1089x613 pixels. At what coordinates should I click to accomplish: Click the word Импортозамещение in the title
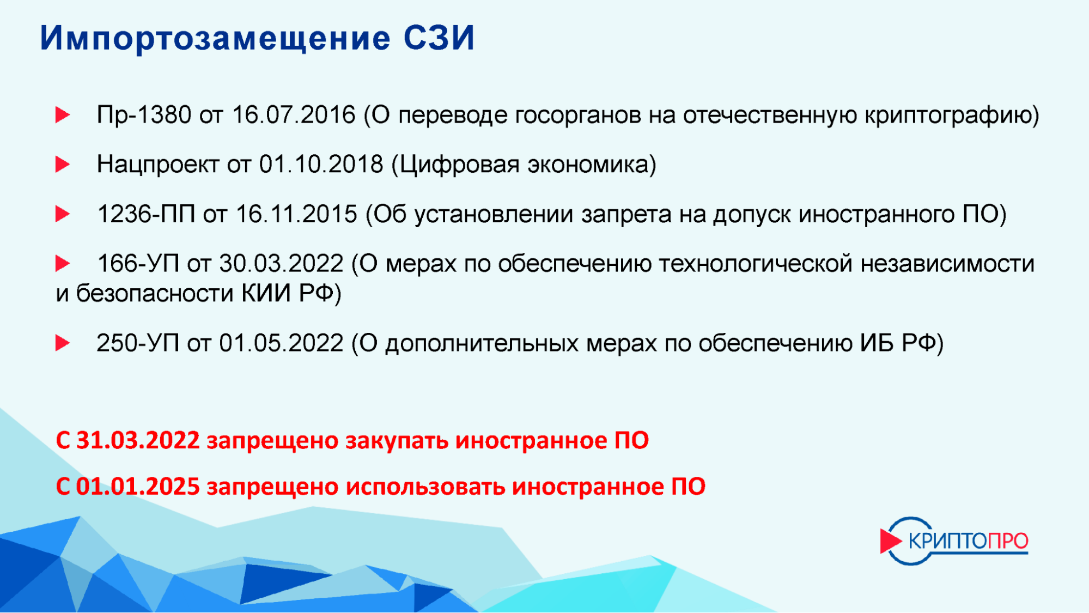coord(215,39)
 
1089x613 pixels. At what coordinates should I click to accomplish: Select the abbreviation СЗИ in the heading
coord(439,38)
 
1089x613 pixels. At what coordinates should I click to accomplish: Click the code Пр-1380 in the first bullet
coord(144,115)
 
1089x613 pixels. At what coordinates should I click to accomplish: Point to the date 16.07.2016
coord(294,115)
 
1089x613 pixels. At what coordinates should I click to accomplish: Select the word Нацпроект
coord(157,165)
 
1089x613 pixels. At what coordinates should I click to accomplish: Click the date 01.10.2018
coord(321,164)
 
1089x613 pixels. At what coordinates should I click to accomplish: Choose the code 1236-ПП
coord(146,214)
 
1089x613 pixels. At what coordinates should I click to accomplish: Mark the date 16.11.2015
coord(296,214)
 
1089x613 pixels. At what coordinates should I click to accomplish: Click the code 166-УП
coord(138,264)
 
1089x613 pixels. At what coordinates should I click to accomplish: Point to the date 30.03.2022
coord(281,264)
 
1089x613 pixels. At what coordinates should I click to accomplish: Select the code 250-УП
coord(138,343)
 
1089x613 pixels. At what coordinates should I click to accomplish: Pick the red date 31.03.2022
coord(138,440)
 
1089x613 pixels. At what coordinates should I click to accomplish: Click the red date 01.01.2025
coord(138,487)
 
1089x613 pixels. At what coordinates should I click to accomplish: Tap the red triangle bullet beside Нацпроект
coord(63,164)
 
